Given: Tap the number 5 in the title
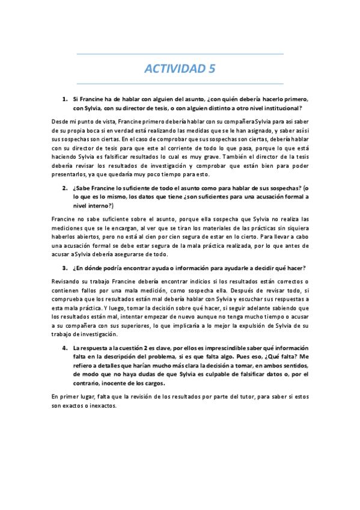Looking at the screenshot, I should click(x=211, y=69).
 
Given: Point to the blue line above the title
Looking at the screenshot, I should click(x=180, y=55).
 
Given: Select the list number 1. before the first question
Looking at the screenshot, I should click(x=64, y=99).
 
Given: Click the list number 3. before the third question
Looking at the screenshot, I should click(x=64, y=268).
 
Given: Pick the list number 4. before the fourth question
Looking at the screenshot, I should click(x=64, y=348).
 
